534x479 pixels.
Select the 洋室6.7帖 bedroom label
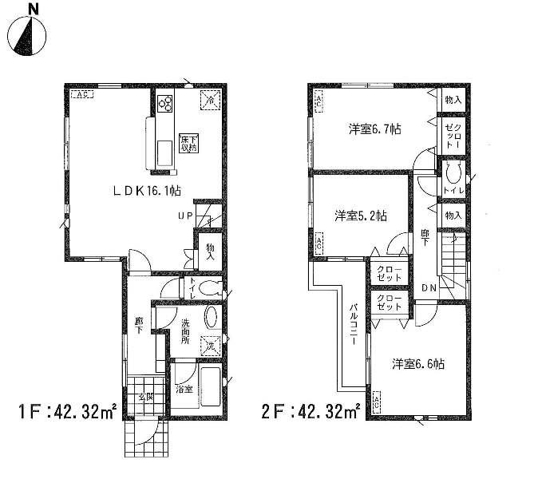pyautogui.click(x=373, y=129)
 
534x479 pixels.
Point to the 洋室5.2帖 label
pyautogui.click(x=361, y=215)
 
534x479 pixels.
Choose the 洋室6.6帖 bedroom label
pyautogui.click(x=417, y=363)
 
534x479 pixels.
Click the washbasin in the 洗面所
pyautogui.click(x=211, y=318)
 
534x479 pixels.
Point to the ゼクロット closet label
pyautogui.click(x=453, y=133)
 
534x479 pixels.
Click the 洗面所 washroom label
pyautogui.click(x=184, y=331)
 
